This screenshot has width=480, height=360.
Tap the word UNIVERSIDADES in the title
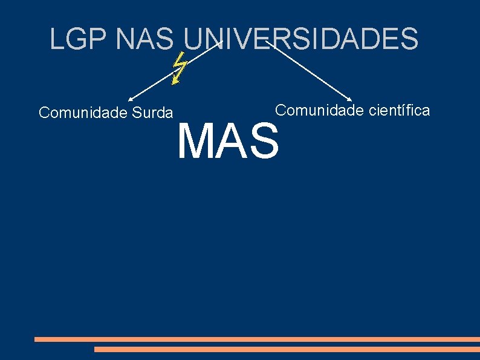tap(300, 39)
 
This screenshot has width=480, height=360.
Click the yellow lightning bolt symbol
tap(178, 68)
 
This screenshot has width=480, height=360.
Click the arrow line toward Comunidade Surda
tap(175, 69)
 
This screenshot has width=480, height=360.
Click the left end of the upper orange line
tap(36, 339)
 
